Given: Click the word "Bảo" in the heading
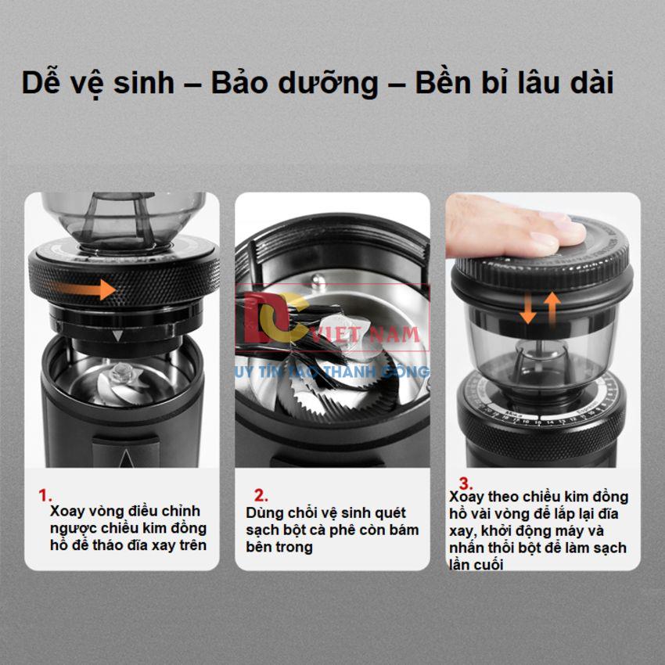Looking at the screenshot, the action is pyautogui.click(x=240, y=82).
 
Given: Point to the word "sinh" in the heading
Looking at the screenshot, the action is pyautogui.click(x=144, y=83).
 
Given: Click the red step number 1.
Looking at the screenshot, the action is pyautogui.click(x=45, y=495).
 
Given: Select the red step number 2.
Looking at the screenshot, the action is pyautogui.click(x=261, y=495).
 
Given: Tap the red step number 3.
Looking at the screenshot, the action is pyautogui.click(x=465, y=483).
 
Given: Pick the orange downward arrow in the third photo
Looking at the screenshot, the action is pyautogui.click(x=527, y=307).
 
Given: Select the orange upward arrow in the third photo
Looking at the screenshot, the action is pyautogui.click(x=552, y=307).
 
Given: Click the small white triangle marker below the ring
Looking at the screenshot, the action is pyautogui.click(x=117, y=336).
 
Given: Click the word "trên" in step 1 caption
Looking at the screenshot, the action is pyautogui.click(x=193, y=545).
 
